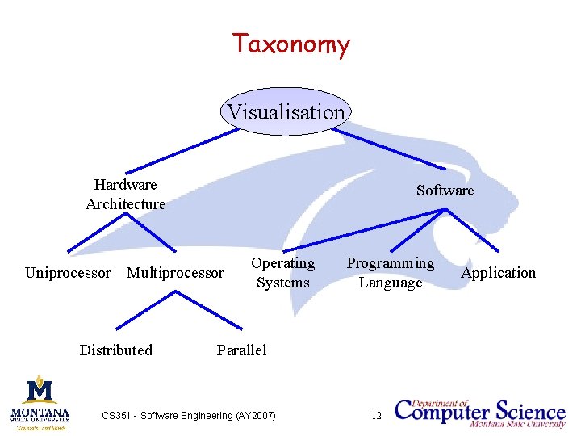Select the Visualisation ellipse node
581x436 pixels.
click(286, 112)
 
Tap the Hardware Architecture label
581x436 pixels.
click(125, 195)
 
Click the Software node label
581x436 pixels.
click(445, 191)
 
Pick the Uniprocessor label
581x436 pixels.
click(68, 273)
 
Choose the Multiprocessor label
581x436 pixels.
click(175, 273)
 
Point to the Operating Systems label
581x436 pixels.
click(282, 273)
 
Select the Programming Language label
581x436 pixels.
click(391, 273)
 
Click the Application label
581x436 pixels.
click(498, 273)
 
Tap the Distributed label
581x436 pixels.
click(115, 350)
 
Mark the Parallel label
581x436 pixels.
click(241, 350)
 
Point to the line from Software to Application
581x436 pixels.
click(473, 230)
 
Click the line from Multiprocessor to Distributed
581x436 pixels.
click(145, 310)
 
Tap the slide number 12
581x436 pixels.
click(376, 416)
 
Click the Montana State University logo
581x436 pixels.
click(40, 400)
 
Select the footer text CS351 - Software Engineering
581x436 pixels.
click(188, 416)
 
